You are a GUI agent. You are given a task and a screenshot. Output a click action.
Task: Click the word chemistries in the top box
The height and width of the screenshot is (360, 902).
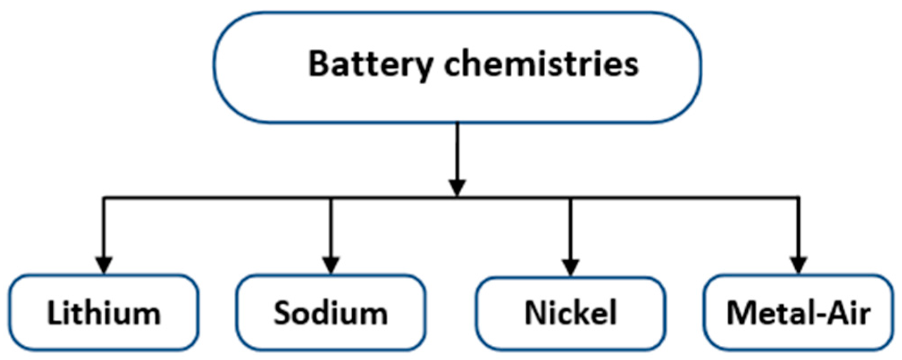point(541,64)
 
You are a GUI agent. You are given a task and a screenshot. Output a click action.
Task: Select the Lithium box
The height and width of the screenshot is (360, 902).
point(104,313)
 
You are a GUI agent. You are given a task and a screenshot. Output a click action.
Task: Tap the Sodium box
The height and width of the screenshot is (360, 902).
point(331,313)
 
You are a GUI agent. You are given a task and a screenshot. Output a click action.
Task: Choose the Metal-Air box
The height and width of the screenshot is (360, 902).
point(798,313)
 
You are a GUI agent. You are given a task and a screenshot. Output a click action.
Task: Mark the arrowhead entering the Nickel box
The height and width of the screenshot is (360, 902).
point(571,267)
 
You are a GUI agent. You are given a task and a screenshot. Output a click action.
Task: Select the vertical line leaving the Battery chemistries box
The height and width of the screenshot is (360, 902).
point(457,152)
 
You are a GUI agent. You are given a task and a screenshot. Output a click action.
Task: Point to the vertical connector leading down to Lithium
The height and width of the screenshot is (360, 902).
point(104,228)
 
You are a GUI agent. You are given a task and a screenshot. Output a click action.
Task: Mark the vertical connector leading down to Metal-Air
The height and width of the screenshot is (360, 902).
point(798,228)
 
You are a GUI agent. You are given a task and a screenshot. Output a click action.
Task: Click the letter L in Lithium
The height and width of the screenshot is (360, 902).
point(54,313)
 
